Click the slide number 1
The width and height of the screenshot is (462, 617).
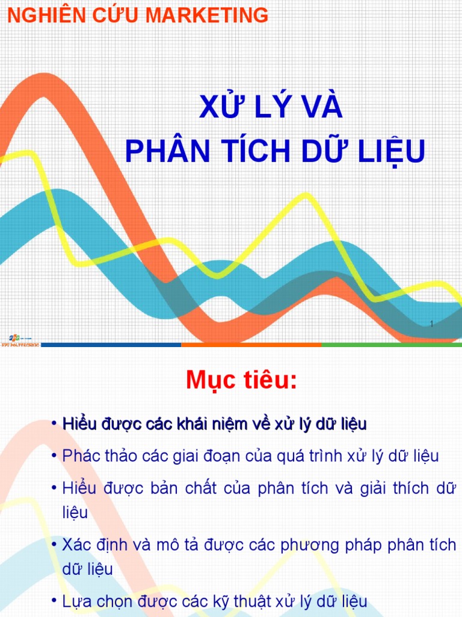(432, 324)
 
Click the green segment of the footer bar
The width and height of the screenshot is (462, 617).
(391, 345)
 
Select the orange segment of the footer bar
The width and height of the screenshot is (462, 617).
(251, 345)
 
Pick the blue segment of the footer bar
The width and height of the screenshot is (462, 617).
(111, 345)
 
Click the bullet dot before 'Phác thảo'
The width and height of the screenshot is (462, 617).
(55, 456)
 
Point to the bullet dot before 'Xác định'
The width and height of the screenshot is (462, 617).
(55, 545)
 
